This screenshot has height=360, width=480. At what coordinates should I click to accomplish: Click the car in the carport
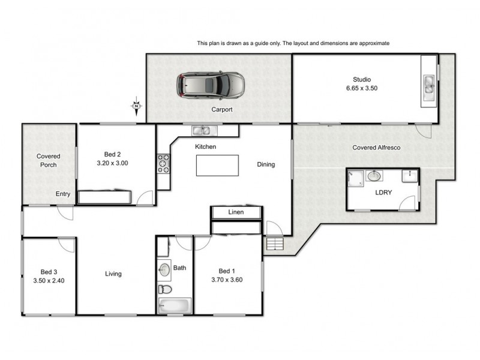[211, 86]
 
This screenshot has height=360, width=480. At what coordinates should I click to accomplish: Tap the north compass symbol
[136, 107]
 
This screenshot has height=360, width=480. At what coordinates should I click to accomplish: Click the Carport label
[221, 110]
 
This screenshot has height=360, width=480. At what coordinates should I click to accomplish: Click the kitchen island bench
[217, 166]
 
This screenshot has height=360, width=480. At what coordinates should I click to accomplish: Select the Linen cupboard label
[236, 212]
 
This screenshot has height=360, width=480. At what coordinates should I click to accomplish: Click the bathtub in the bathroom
[173, 306]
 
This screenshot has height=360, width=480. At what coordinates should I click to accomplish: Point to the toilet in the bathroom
[164, 289]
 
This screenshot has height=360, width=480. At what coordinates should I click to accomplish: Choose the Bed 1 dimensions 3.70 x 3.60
[227, 280]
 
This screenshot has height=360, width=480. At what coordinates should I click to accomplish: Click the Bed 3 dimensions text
[49, 280]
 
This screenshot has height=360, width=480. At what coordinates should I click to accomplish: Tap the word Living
[113, 274]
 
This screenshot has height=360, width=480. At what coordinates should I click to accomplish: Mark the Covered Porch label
[49, 160]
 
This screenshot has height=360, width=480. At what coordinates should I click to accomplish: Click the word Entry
[63, 194]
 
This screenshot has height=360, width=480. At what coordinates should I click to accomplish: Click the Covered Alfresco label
[376, 148]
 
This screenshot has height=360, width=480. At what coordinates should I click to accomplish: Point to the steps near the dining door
[274, 244]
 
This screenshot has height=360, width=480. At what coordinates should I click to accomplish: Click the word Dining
[266, 164]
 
